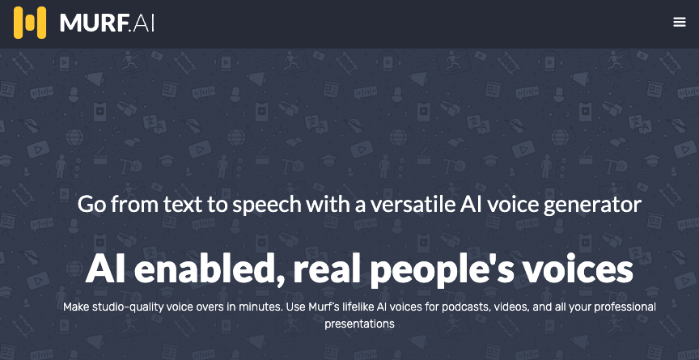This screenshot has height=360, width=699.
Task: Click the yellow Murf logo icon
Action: click(x=30, y=23)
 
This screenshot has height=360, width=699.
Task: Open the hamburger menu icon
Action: click(x=680, y=23)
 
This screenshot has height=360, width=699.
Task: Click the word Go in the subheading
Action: click(x=92, y=204)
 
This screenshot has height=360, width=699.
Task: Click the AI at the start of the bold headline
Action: click(x=106, y=269)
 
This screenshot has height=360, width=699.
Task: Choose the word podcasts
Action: click(x=455, y=307)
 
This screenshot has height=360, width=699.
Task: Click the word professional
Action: click(x=620, y=307)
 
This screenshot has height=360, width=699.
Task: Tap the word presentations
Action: click(x=359, y=324)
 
